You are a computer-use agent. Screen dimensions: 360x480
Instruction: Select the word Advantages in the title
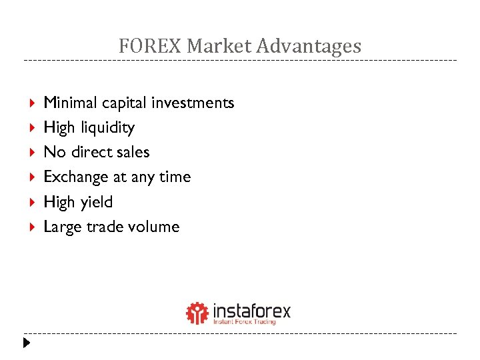point(309,46)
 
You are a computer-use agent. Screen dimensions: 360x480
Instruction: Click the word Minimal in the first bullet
point(67,103)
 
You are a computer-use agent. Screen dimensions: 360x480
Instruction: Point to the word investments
point(193,103)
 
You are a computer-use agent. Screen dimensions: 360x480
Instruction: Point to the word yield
point(97,202)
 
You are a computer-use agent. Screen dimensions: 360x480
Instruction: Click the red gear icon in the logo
point(197,313)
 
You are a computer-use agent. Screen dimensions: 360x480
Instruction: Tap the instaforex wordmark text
point(251,310)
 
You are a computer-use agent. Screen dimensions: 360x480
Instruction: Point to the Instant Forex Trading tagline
point(244,322)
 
